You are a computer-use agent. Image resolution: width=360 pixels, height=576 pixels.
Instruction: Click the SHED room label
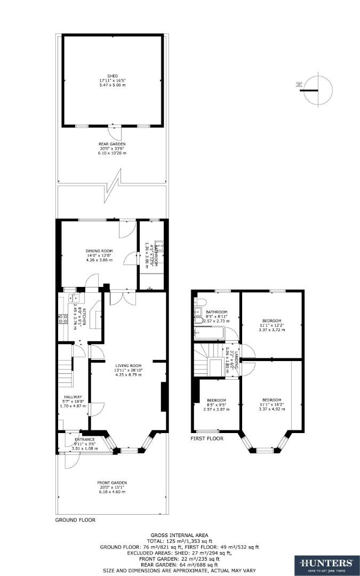(x=112, y=76)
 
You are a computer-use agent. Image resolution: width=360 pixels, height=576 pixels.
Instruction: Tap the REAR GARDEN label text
(x=112, y=144)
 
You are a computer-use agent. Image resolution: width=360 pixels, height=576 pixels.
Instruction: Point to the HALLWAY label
(x=73, y=397)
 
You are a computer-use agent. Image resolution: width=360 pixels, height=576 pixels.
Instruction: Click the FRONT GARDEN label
(x=112, y=483)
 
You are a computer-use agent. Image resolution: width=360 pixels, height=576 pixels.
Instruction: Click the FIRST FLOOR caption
(x=207, y=438)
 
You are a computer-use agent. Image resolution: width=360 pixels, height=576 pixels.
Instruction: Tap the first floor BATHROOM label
(x=217, y=312)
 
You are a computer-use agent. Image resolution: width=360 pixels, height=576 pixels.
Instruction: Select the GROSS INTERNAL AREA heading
(x=179, y=535)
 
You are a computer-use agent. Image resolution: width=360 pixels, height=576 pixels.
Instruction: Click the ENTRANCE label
(x=84, y=439)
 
